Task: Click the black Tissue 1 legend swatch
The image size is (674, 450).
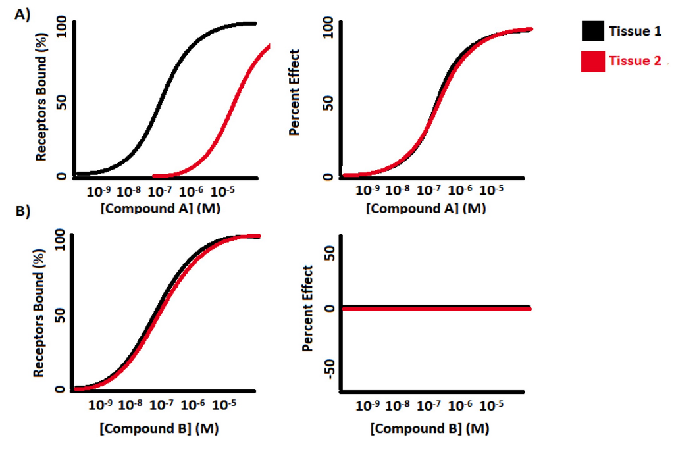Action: pos(592,31)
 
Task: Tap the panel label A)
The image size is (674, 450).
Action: pos(22,14)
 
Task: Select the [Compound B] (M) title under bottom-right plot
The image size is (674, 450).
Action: pos(429,429)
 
